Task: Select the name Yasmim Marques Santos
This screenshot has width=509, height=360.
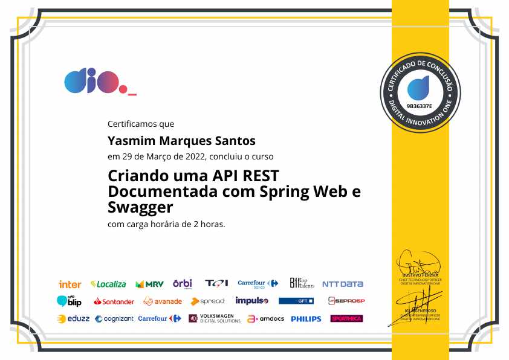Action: [x=181, y=141]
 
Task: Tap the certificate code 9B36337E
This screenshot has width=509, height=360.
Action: [x=420, y=106]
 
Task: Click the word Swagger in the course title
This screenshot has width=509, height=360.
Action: [x=140, y=208]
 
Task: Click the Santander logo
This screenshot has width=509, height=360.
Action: [x=114, y=301]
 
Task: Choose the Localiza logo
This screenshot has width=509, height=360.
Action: [x=108, y=283]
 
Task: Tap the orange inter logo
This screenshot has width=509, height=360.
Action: [x=70, y=284]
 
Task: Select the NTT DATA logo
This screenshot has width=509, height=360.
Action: [x=342, y=284]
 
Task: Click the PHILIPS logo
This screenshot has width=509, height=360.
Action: [x=306, y=318]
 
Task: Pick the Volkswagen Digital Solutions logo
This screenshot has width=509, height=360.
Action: [x=214, y=318]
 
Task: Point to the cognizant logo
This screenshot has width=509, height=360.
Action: [x=114, y=318]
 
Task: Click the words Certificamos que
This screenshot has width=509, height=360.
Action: [x=141, y=124]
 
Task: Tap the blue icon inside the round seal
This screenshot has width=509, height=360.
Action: [x=418, y=88]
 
